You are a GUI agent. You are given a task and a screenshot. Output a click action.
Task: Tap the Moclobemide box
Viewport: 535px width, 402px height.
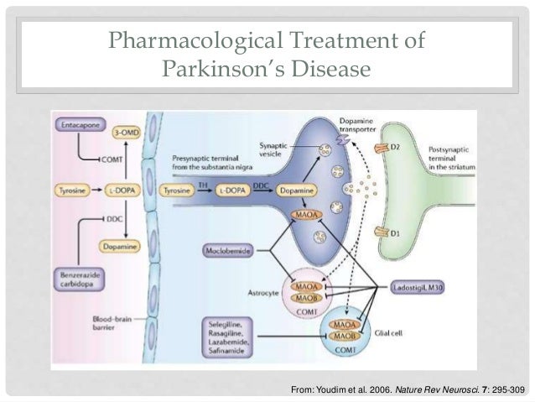227,250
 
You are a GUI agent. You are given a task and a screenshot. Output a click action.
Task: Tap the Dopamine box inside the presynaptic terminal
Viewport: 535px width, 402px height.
300,191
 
